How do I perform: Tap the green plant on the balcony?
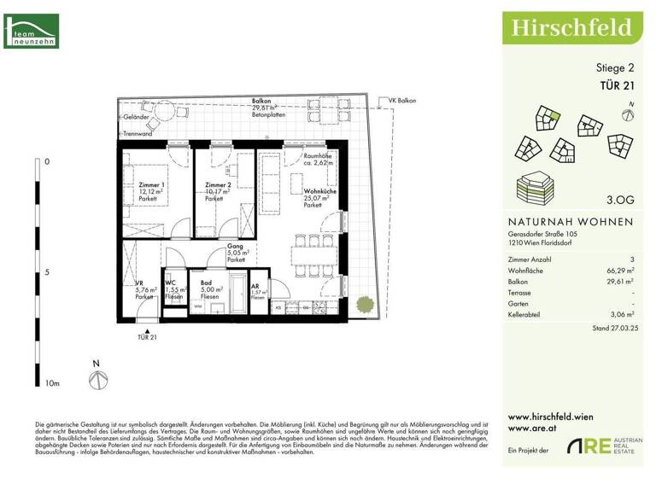tap(363, 302)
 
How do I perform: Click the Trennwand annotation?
tap(137, 134)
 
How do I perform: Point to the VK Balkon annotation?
tap(402, 102)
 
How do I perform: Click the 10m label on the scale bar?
tap(52, 385)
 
